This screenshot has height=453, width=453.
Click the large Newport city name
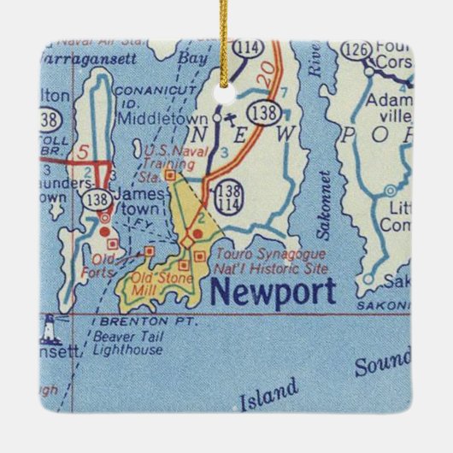(273, 292)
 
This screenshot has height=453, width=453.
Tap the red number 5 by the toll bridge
(82, 154)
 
